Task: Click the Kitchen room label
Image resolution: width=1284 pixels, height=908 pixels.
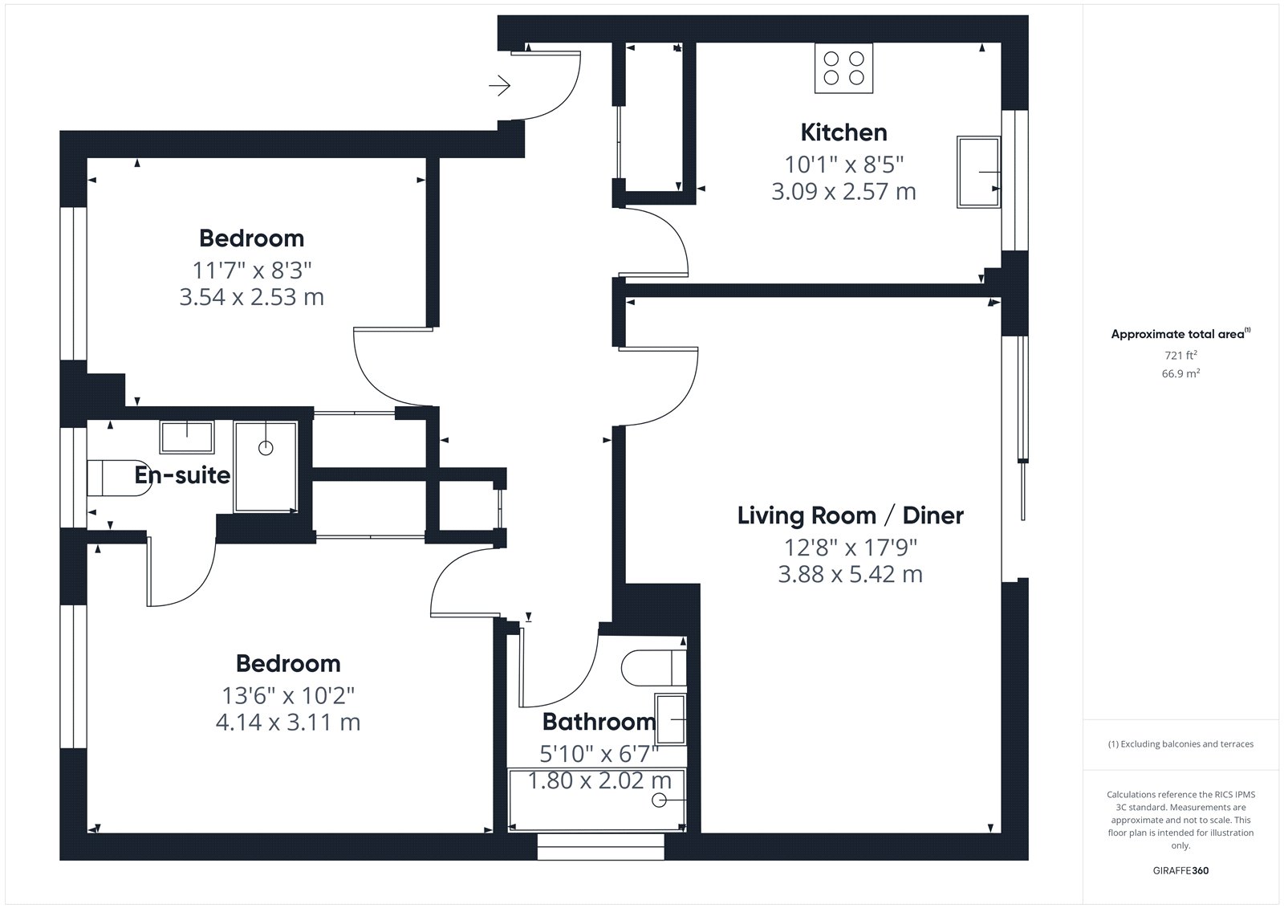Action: [843, 132]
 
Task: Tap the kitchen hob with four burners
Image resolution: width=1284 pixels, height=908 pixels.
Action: [843, 67]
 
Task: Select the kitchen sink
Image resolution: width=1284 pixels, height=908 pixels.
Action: [978, 172]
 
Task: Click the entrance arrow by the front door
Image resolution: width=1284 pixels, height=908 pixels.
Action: [500, 86]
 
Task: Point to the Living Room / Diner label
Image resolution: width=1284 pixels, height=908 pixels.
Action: [850, 515]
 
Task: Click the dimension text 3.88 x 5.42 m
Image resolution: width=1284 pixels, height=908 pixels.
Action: [850, 574]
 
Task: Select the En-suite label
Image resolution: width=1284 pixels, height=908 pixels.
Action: [182, 475]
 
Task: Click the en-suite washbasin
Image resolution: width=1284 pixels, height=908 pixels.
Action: [188, 437]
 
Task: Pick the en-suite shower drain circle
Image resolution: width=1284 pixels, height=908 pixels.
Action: [266, 448]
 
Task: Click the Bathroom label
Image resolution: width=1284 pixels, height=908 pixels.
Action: [599, 722]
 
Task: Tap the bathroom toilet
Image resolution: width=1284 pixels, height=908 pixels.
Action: [654, 668]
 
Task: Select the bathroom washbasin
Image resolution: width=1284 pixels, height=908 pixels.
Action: [670, 719]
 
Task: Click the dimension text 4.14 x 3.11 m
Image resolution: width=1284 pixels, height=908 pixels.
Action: [288, 723]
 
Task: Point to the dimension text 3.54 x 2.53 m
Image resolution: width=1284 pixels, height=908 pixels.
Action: [252, 297]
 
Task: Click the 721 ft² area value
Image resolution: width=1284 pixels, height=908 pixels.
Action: [1180, 355]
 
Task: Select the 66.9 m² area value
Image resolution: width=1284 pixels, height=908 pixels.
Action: [1180, 373]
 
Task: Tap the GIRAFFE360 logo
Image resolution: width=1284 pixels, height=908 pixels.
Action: [1180, 870]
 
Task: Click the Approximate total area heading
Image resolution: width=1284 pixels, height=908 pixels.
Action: [1180, 334]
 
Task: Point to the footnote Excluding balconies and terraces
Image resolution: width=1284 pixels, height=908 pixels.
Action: [1180, 744]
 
